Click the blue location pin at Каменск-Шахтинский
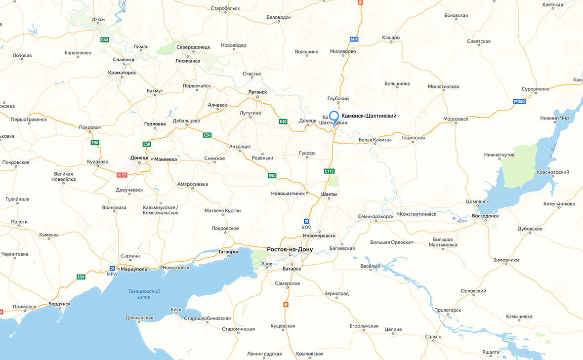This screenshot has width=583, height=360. click(x=334, y=117)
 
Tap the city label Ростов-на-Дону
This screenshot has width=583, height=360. click(x=290, y=249)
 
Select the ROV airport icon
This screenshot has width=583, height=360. click(x=307, y=221)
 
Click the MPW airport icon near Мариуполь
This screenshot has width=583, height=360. click(x=112, y=269)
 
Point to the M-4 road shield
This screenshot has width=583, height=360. click(x=354, y=39)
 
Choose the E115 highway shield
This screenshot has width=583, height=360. click(x=330, y=171)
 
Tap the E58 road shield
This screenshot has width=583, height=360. click(x=81, y=278)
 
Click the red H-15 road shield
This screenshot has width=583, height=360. click(x=122, y=175)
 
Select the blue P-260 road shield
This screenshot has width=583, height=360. click(x=519, y=101)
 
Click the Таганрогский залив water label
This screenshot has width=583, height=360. click(x=144, y=294)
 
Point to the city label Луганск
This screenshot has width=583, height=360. click(x=257, y=92)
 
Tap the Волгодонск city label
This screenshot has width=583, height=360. click(x=485, y=216)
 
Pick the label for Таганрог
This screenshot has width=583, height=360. click(x=228, y=251)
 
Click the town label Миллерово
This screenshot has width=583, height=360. click(x=343, y=51)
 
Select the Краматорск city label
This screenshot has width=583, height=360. click(x=122, y=73)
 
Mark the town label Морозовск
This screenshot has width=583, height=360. click(x=456, y=119)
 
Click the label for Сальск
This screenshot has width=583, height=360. click(x=433, y=337)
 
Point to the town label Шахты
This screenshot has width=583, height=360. click(x=329, y=194)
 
